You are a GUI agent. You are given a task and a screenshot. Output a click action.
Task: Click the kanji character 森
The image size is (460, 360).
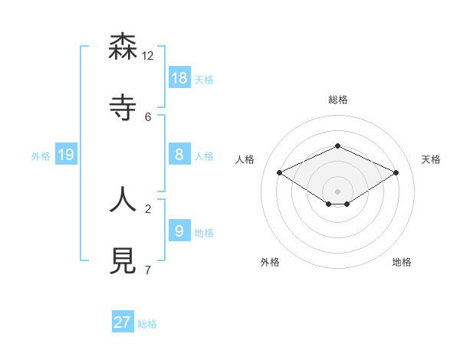(123, 47)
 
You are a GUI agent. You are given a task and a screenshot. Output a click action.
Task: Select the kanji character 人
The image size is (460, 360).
(123, 198)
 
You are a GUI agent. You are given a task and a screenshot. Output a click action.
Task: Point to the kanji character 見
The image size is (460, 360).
(123, 260)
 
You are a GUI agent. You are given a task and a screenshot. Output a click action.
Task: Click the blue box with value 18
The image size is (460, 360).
(179, 78)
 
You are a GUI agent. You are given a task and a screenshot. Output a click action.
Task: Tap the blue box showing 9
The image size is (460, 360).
(179, 231)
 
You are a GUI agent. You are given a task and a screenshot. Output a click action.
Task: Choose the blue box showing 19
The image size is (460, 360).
(66, 155)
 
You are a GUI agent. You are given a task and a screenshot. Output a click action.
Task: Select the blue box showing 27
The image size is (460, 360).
(123, 322)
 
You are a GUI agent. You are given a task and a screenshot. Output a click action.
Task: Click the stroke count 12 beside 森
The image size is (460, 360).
(148, 56)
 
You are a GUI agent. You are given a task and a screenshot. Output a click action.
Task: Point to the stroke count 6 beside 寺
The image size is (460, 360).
(148, 116)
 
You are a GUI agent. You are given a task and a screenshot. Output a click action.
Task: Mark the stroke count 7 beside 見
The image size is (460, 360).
(148, 270)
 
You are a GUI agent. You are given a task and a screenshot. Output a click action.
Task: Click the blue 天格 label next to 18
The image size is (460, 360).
(204, 80)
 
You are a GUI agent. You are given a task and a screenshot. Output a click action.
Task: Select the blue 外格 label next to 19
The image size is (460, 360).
(41, 156)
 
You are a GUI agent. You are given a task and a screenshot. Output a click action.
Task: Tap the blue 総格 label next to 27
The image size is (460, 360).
(147, 324)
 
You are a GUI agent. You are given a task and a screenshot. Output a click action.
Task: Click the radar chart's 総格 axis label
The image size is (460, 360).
(338, 100)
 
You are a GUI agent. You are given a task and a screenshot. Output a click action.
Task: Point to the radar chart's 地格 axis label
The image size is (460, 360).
(402, 262)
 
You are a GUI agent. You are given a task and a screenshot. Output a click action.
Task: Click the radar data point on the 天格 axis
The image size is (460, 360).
(396, 173)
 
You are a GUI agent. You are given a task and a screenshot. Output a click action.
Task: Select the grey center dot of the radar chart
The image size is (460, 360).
(337, 191)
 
